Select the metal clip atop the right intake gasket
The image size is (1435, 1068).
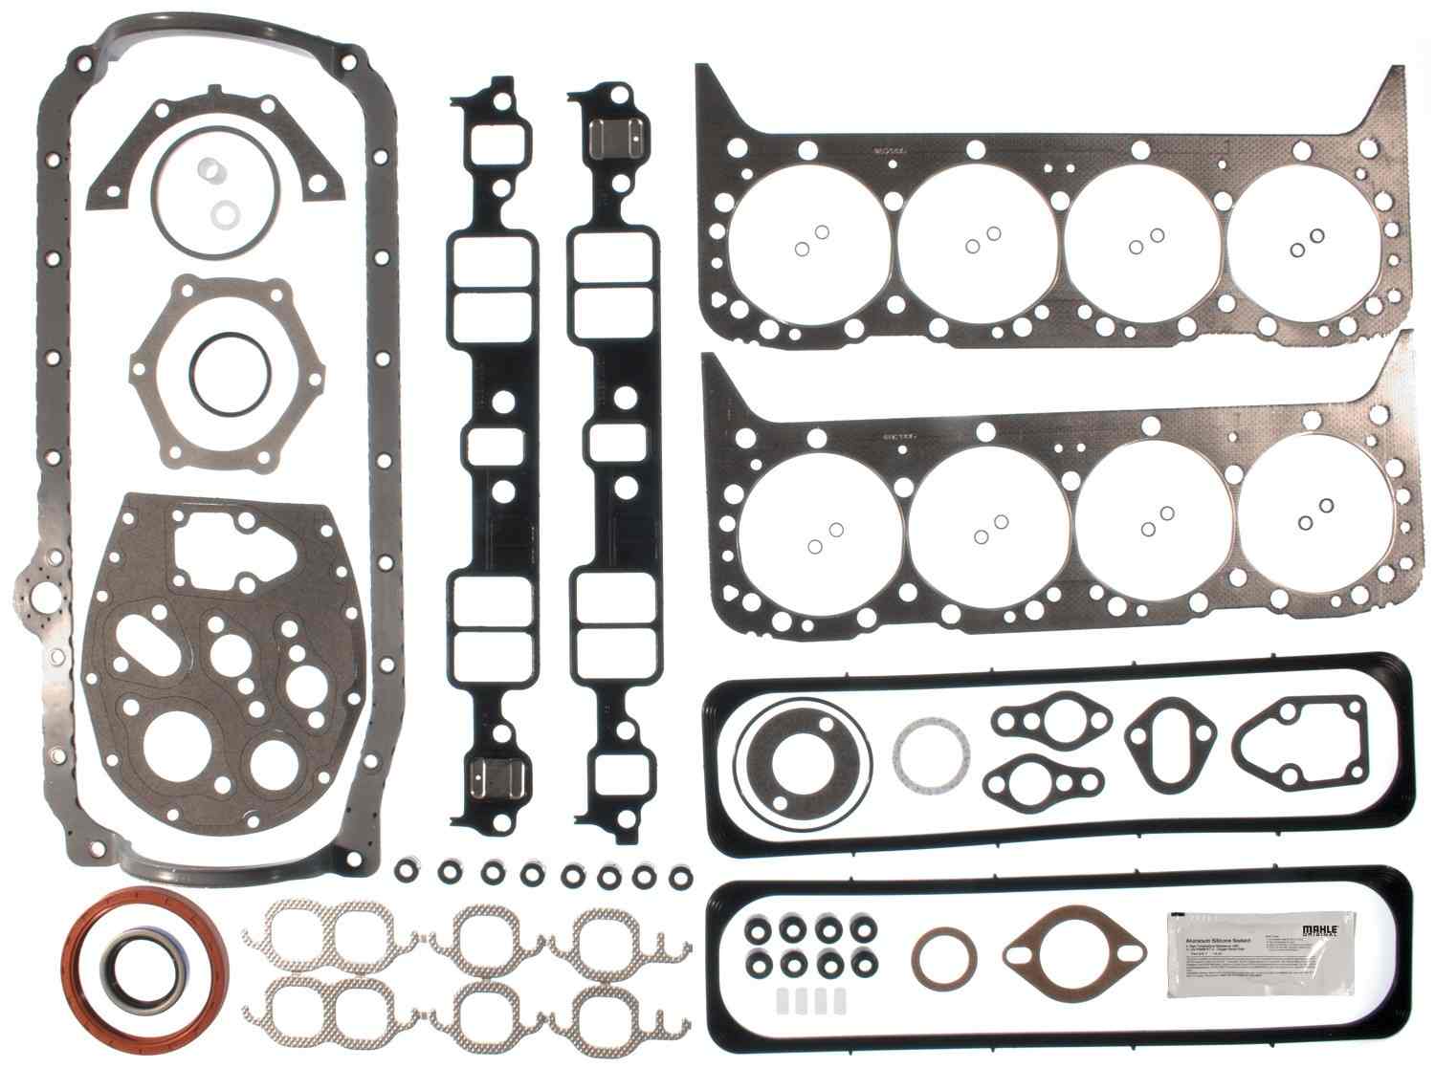click(x=611, y=140)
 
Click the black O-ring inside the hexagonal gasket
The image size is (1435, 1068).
click(x=221, y=369)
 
